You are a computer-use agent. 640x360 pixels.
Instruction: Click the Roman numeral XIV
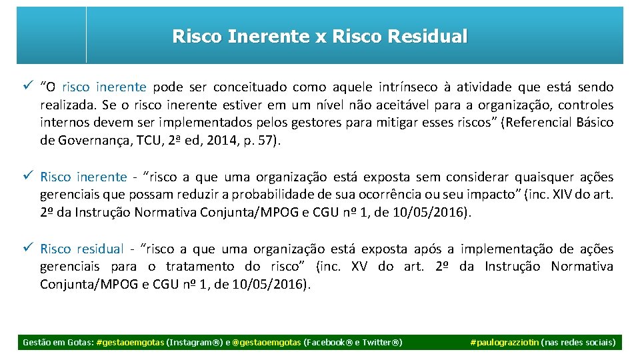(561, 195)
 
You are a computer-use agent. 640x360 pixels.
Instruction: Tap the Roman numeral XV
(359, 267)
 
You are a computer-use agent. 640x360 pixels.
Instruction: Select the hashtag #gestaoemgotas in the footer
(130, 343)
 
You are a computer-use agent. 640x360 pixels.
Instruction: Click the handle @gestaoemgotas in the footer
(266, 343)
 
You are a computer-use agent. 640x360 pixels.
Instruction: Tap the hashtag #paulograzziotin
(505, 343)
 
